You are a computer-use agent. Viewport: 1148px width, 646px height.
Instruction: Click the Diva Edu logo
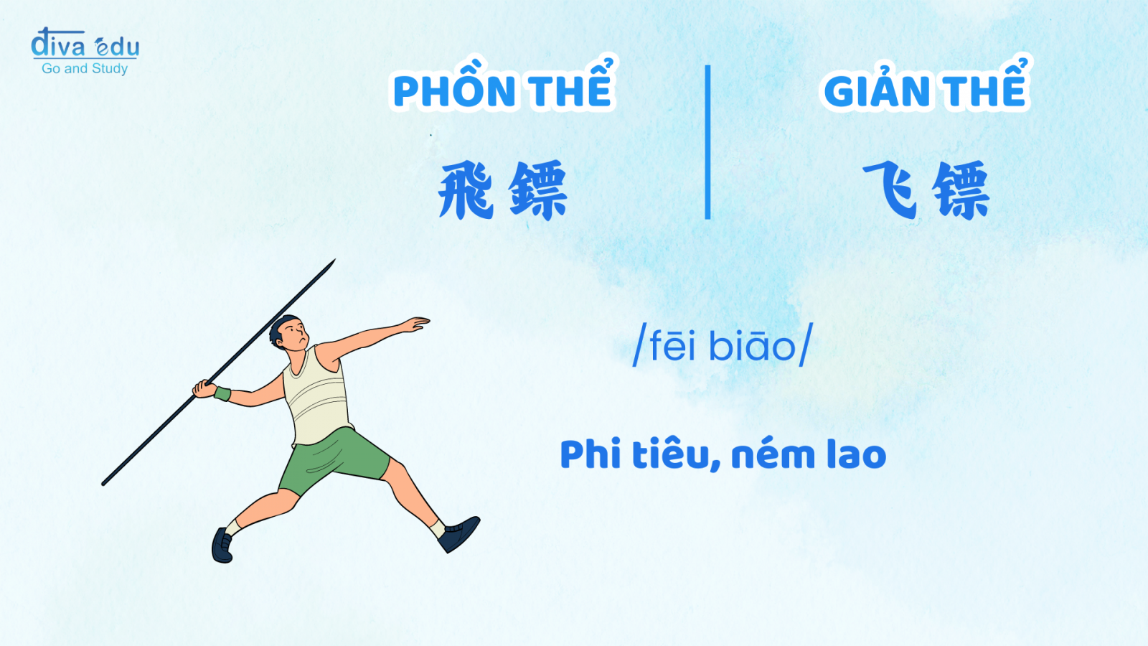85,51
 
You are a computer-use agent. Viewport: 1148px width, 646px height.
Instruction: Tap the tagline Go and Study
85,68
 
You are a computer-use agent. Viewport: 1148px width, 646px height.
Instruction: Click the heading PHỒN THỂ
503,85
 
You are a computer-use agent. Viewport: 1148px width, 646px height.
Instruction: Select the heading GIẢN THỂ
925,85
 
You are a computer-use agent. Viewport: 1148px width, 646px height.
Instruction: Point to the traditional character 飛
466,189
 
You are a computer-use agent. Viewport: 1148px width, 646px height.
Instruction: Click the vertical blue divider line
707,142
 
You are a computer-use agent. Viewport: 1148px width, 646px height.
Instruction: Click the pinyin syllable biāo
751,345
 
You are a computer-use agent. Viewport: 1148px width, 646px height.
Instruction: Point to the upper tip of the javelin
334,259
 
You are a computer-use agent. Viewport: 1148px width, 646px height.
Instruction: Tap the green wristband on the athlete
222,394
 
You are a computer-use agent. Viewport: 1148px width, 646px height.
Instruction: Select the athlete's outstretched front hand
415,324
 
